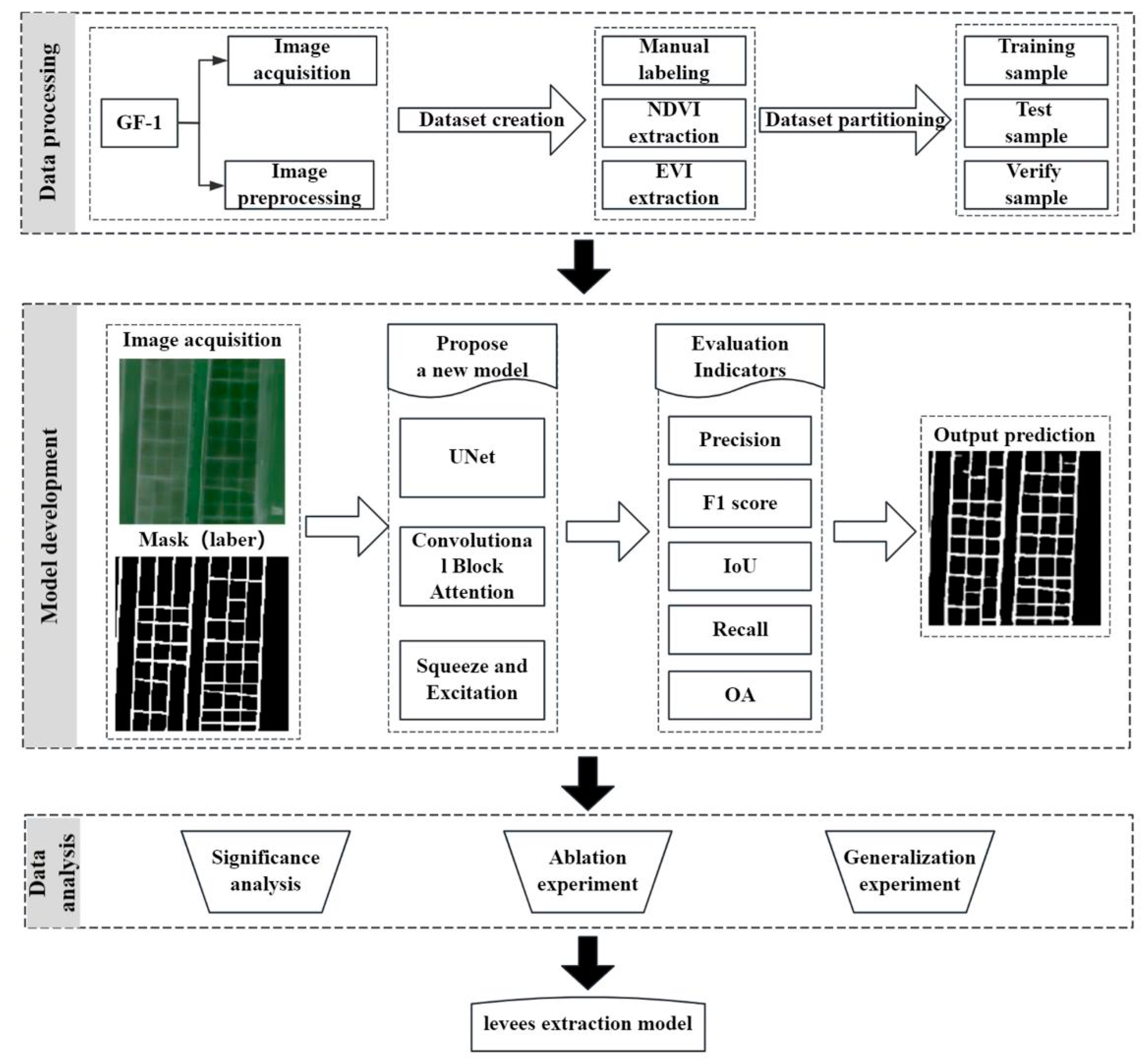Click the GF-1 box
click(x=139, y=123)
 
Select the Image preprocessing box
click(x=299, y=184)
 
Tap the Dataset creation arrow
click(x=491, y=120)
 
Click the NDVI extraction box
click(x=673, y=123)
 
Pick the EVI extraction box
click(x=673, y=184)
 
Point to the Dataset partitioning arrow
click(x=854, y=120)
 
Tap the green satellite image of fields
click(x=201, y=441)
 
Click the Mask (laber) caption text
click(x=201, y=539)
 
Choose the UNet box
click(x=471, y=457)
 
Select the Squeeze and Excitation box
click(x=471, y=679)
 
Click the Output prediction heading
click(x=1014, y=435)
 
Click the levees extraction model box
click(x=588, y=1024)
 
